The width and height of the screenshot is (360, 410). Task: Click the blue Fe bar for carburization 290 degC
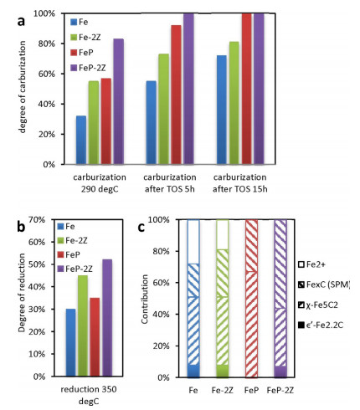[x=81, y=140]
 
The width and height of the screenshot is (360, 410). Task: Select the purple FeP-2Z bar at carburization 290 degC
[x=119, y=101]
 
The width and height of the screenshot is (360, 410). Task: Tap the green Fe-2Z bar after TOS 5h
[x=163, y=109]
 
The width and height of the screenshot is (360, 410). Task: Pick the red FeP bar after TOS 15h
[x=246, y=89]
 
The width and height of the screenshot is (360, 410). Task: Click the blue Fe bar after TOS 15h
[x=222, y=110]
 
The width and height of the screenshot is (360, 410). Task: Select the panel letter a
[x=21, y=21]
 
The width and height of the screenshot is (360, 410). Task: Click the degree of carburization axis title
[x=23, y=87]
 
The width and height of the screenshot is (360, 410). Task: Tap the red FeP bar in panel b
[x=95, y=337]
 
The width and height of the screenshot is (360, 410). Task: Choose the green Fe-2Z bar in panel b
[x=83, y=325]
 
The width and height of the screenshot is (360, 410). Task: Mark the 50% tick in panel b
[x=37, y=264]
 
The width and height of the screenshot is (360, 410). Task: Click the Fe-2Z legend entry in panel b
[x=72, y=240]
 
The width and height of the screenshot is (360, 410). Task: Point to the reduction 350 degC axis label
[x=89, y=395]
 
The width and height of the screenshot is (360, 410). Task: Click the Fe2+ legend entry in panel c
[x=311, y=264]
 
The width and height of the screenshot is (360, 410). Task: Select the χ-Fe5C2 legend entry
[x=318, y=305]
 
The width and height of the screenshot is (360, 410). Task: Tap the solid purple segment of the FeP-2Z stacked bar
[x=280, y=372]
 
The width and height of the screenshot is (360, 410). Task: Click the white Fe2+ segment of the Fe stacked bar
[x=193, y=242]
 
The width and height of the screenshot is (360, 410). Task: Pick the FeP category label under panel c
[x=251, y=390]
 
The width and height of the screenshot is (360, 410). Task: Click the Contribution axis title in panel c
[x=145, y=299]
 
